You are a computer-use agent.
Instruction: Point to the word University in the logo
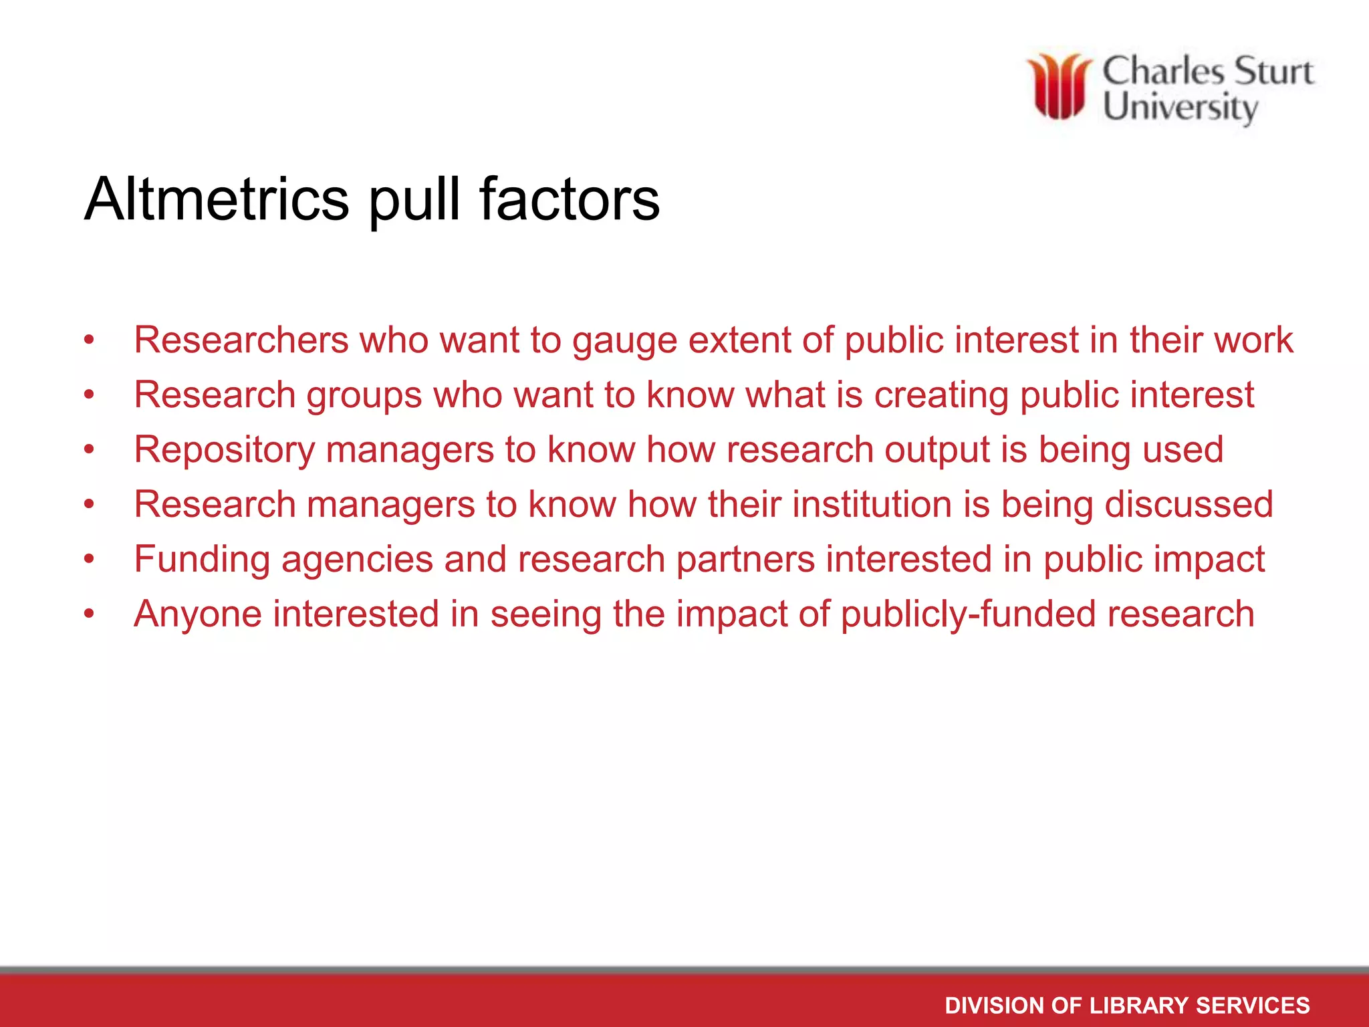(1180, 108)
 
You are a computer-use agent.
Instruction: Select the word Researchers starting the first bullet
(241, 340)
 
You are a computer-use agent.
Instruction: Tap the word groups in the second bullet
(364, 396)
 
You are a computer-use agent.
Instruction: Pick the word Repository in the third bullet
(224, 450)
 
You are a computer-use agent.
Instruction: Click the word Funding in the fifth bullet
(202, 560)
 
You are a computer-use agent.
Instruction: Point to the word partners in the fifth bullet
(745, 560)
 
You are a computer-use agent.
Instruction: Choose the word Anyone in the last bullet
(198, 614)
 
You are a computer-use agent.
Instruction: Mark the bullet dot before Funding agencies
(89, 559)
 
